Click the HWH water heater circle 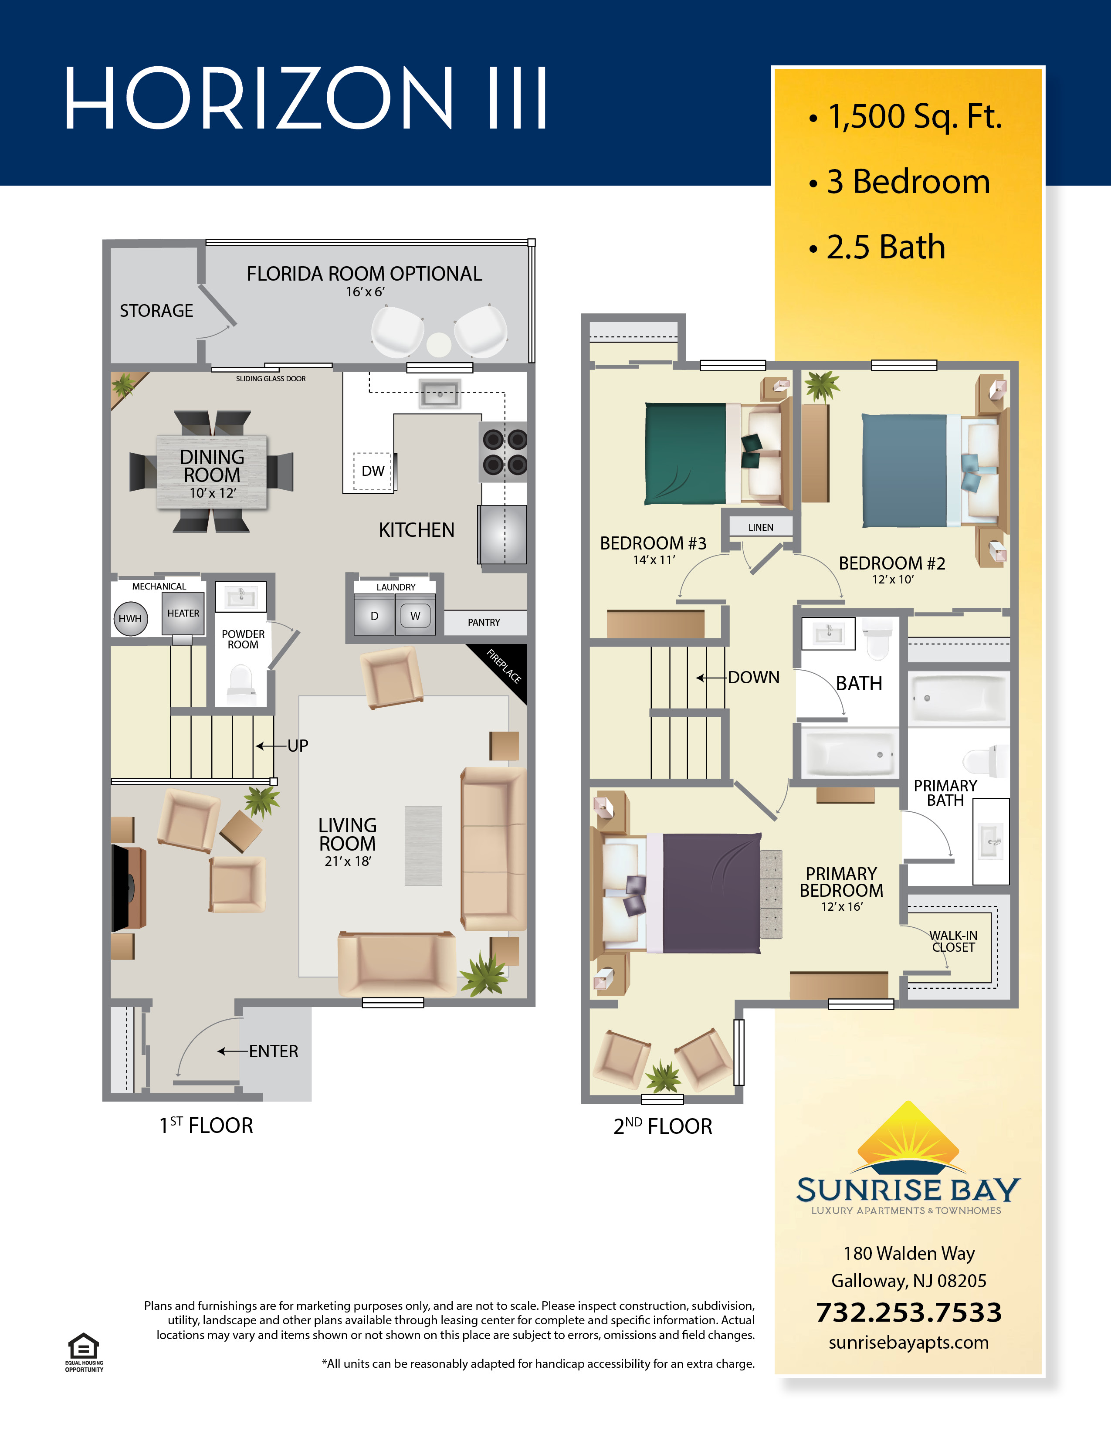click(x=130, y=618)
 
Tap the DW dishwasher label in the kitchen click(x=373, y=471)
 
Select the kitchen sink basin click(x=440, y=394)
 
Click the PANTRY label click(x=484, y=622)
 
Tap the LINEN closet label click(x=761, y=527)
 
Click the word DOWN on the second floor click(x=754, y=678)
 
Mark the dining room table click(x=212, y=472)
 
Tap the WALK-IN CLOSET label click(x=953, y=942)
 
